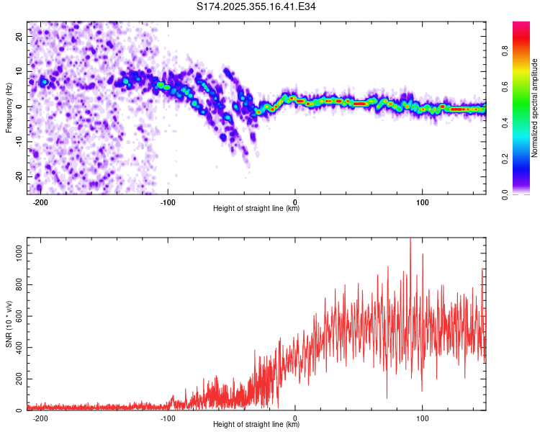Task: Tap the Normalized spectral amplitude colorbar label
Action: pos(535,108)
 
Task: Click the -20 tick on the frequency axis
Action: pos(18,176)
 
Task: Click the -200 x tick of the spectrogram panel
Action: pos(40,202)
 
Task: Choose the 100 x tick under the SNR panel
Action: pos(423,418)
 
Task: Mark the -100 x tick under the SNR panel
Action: pos(168,418)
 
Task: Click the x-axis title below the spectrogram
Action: pos(256,209)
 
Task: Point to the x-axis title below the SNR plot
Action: pos(256,425)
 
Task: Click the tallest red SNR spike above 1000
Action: pos(410,240)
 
